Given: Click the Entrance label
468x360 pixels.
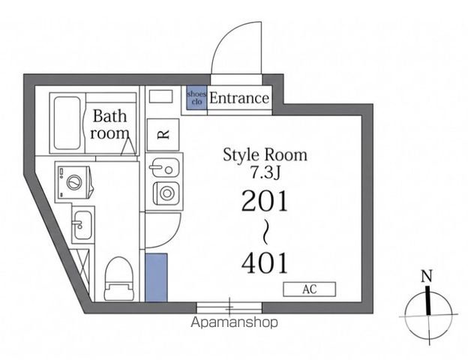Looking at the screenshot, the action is point(239,98).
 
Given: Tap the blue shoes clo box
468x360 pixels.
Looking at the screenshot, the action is point(196,97).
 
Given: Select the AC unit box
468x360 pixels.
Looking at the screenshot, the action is point(309,289).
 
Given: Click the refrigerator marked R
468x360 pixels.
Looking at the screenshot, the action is point(163,135).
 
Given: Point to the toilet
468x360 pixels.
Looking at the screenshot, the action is point(118,279).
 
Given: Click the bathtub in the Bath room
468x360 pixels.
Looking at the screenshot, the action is point(67,123).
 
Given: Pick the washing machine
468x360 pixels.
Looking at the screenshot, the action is point(73,181).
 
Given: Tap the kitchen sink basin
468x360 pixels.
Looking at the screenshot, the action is point(164,168).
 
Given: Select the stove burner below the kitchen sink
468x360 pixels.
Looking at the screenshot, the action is point(166,193).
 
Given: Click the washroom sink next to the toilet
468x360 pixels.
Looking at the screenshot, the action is point(82,225).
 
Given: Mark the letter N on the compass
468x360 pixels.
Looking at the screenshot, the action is point(427,276).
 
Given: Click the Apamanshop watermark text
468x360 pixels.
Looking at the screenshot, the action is point(234,322).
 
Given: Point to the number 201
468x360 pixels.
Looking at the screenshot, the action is point(265,200).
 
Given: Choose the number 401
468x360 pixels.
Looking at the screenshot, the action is point(265,262).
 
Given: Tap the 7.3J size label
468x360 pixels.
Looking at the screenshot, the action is point(265,172).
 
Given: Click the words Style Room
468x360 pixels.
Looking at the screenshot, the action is point(265,155).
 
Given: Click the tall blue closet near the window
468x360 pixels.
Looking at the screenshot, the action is point(156,277).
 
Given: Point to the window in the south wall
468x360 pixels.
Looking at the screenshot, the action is point(229,307).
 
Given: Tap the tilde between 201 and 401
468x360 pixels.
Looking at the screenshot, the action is point(265,232).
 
